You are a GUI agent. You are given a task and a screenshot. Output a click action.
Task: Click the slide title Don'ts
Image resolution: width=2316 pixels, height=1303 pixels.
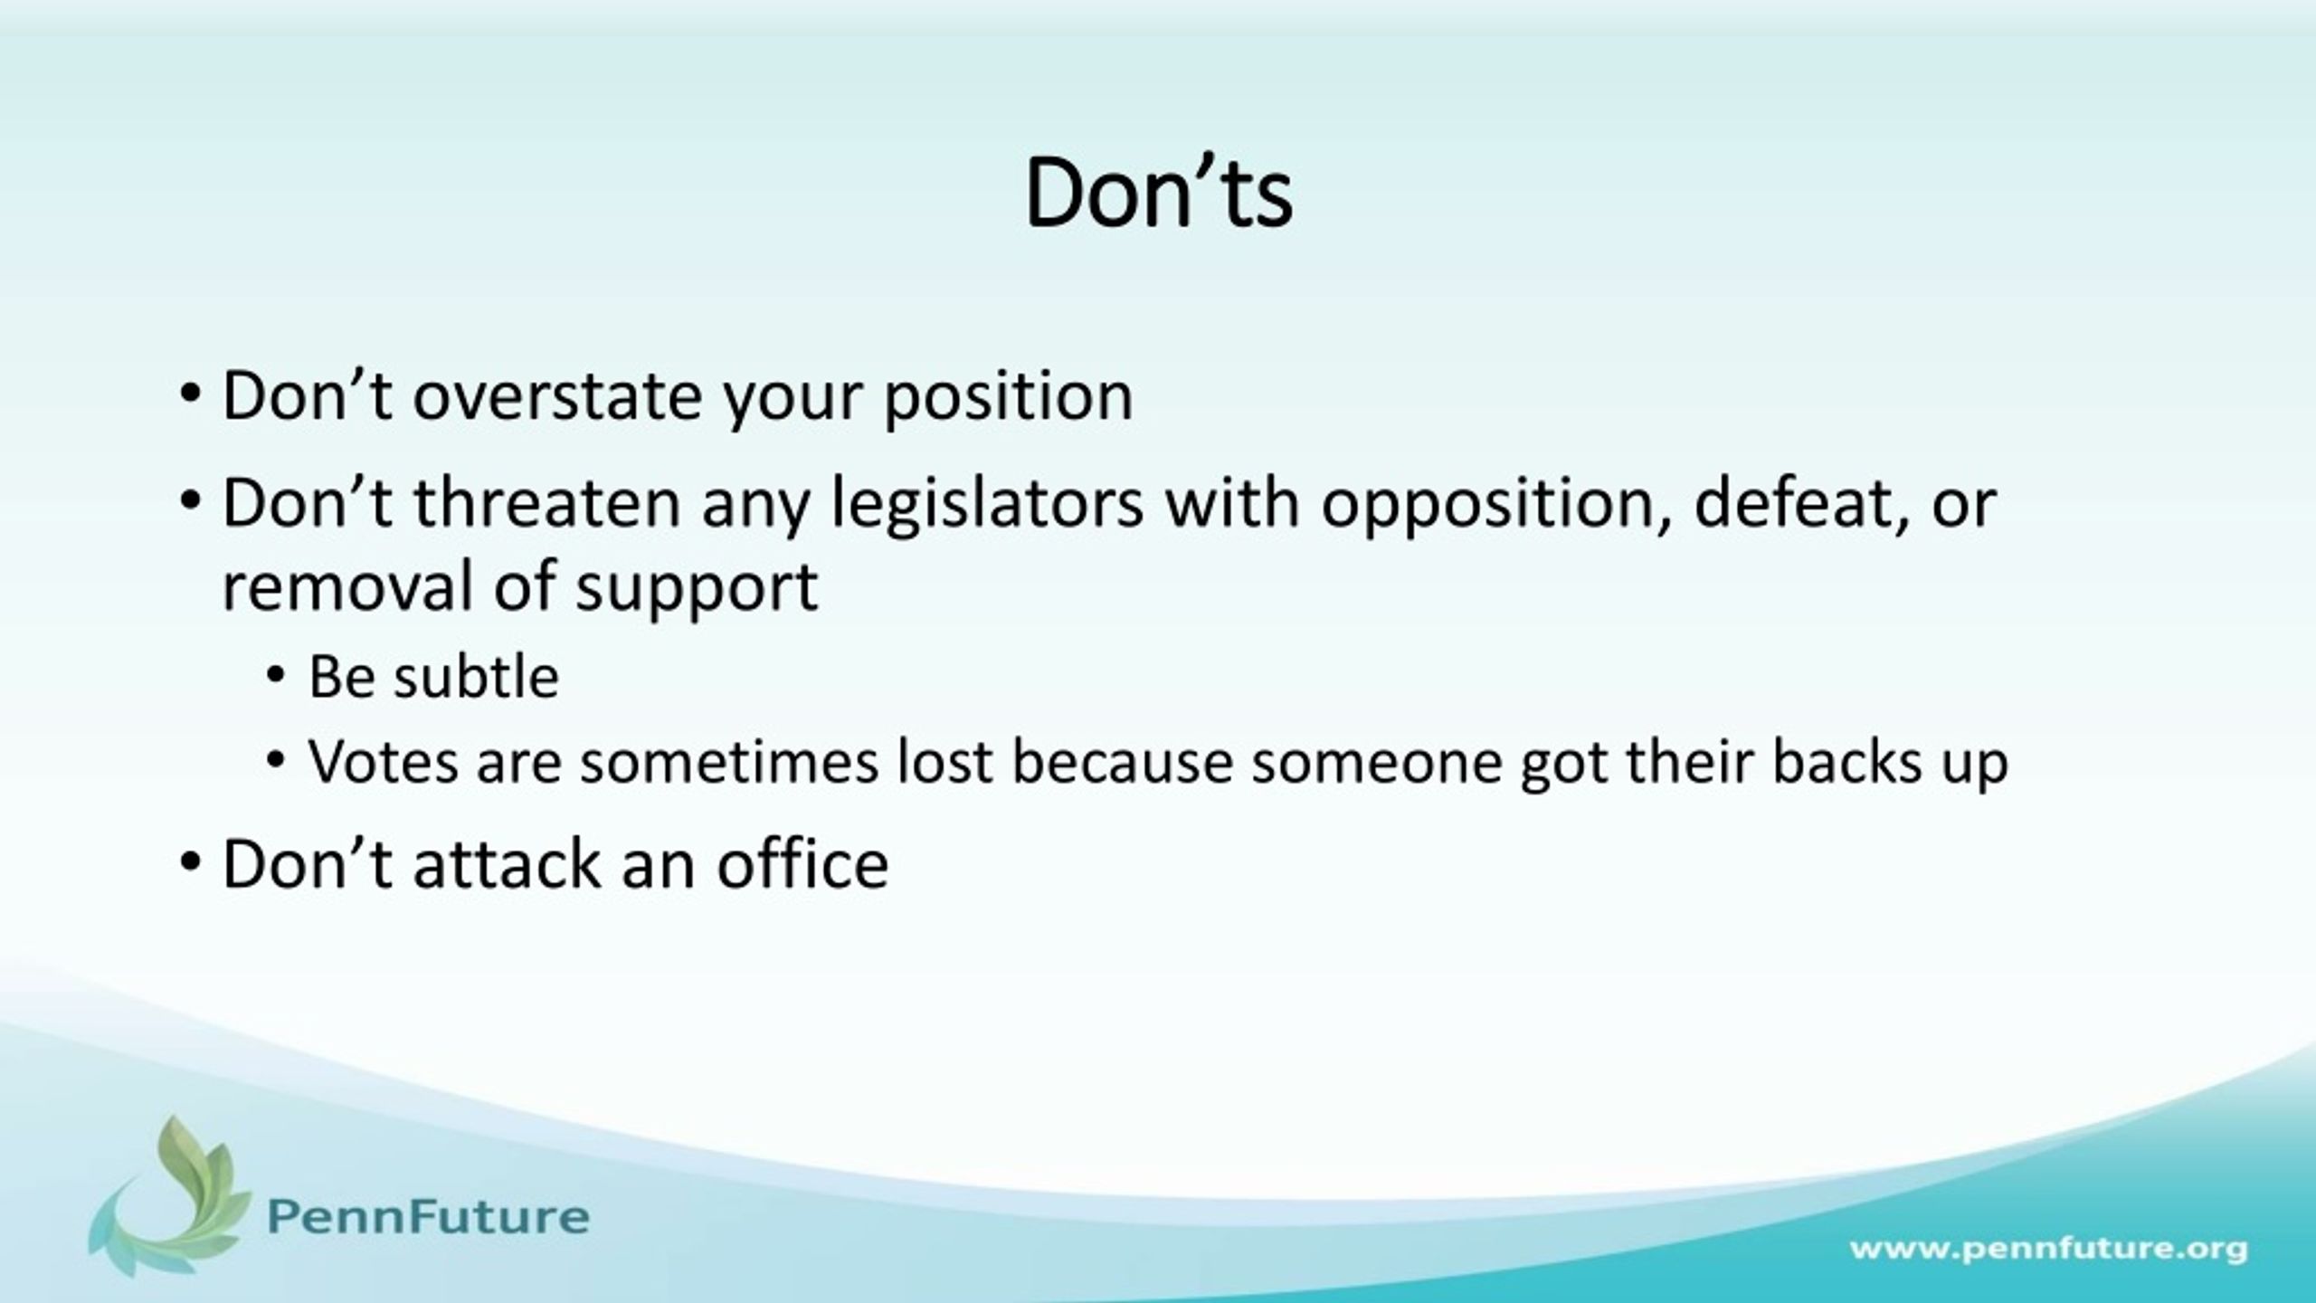click(1158, 193)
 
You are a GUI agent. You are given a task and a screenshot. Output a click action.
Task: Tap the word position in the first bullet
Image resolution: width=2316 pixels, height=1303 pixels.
click(1008, 398)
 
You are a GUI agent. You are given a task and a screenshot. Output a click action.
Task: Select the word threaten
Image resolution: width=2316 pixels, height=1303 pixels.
click(546, 503)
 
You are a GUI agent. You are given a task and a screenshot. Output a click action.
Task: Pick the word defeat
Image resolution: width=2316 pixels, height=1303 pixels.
click(1795, 503)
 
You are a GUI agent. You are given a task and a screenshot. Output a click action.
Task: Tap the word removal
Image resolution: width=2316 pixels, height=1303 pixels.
click(347, 585)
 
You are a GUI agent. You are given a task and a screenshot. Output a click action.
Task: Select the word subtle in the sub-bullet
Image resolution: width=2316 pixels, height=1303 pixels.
click(476, 676)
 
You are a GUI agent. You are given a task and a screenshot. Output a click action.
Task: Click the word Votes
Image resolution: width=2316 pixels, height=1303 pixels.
click(384, 762)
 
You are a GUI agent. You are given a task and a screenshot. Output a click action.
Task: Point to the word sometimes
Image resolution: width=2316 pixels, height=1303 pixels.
click(729, 762)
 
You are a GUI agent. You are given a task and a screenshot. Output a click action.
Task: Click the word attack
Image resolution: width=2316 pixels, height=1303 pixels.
click(506, 864)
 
